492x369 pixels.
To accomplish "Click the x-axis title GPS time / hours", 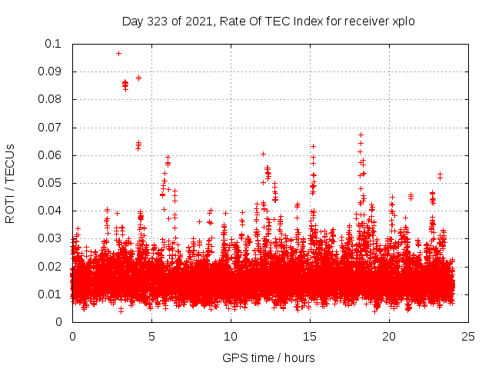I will click(268, 357).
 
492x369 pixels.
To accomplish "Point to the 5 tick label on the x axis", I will click(151, 336).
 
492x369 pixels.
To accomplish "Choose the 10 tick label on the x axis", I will click(231, 336).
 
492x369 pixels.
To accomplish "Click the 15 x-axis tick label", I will click(310, 336).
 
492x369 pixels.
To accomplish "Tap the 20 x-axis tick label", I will click(389, 336).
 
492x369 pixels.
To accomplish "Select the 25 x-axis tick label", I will click(468, 336).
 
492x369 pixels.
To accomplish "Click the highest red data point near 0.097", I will click(118, 53).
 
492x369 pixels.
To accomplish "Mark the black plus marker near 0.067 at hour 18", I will click(361, 135).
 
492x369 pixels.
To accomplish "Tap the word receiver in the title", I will click(361, 22).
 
